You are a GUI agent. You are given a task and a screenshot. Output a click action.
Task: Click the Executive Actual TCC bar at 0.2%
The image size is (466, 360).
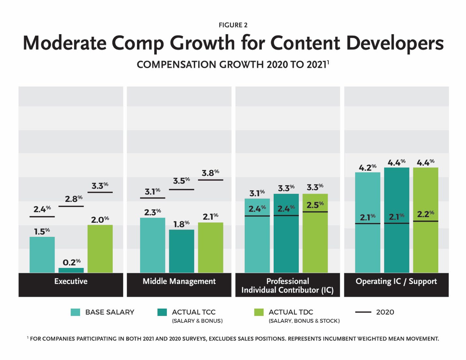(71, 270)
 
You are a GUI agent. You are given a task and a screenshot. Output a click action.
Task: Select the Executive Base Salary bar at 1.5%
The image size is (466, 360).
(42, 255)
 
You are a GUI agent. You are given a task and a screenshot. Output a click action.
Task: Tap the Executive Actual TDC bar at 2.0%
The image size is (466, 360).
(100, 249)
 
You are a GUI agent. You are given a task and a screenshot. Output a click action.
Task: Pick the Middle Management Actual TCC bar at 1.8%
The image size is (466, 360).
(182, 251)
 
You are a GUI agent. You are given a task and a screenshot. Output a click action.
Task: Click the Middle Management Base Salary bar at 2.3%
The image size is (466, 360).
(153, 245)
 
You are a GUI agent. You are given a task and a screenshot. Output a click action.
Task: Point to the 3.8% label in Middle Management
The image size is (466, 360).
(211, 173)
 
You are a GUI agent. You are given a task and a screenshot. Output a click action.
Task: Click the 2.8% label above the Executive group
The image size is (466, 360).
(74, 199)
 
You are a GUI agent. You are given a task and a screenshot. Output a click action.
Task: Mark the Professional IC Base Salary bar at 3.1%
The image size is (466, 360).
(257, 236)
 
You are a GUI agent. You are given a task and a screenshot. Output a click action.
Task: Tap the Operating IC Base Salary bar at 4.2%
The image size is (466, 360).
(368, 222)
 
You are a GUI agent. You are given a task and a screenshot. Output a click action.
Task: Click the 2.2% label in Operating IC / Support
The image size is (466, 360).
(426, 214)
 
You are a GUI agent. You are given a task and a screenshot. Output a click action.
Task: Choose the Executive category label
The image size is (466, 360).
(71, 281)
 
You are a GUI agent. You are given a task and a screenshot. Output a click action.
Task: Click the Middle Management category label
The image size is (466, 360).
(179, 281)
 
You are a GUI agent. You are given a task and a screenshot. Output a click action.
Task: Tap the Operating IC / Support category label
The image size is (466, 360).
(396, 281)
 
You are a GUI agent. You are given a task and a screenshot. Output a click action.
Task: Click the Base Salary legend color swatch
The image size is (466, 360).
(75, 312)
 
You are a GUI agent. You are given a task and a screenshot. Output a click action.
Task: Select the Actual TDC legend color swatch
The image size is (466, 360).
(259, 312)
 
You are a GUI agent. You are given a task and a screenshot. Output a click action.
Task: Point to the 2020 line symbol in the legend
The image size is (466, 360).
(363, 312)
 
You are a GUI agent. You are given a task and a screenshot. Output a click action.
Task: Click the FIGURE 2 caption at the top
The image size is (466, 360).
(233, 25)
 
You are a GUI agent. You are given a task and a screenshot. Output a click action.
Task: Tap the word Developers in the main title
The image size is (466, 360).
(395, 43)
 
